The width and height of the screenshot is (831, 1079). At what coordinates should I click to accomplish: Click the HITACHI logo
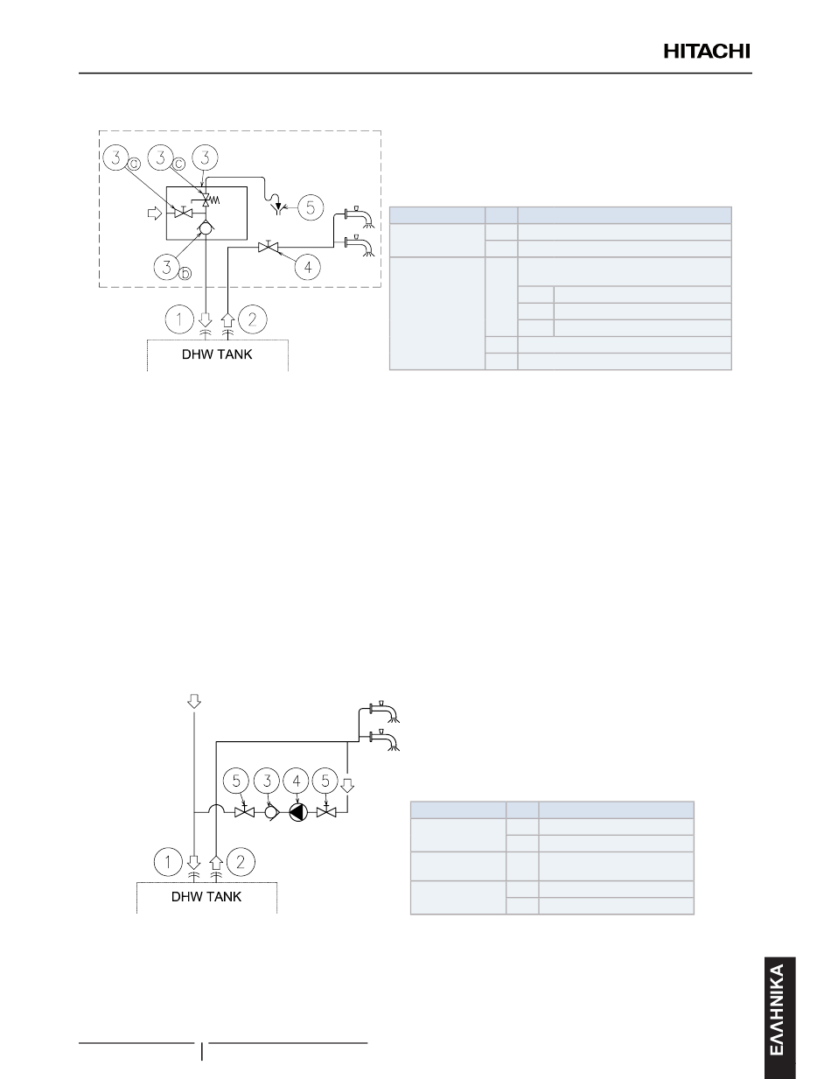coord(707,52)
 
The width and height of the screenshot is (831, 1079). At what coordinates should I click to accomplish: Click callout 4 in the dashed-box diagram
coord(308,267)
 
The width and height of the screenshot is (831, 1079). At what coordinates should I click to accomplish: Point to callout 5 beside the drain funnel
coord(310,207)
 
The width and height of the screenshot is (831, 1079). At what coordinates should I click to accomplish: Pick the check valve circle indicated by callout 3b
coord(206,229)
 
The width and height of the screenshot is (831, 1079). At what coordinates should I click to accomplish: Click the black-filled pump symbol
coord(298,812)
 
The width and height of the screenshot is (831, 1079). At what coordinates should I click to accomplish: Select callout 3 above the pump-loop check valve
coord(267,781)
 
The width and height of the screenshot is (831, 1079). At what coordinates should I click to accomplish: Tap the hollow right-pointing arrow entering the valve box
coord(156,214)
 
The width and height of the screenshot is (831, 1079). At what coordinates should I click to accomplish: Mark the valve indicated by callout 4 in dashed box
coord(269,247)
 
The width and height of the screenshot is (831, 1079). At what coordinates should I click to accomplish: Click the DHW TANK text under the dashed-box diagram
coord(217,354)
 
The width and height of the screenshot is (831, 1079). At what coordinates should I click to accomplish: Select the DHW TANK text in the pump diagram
coord(206,897)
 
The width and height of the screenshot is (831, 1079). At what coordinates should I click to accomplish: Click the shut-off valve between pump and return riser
coord(326,812)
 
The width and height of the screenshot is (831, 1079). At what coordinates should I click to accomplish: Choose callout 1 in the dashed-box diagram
coord(178,319)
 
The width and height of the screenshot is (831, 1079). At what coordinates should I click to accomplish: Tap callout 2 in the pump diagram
coord(241,861)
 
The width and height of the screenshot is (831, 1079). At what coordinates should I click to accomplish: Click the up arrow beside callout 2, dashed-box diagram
coord(227,319)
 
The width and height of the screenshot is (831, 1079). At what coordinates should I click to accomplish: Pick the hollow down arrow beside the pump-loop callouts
coord(347,786)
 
